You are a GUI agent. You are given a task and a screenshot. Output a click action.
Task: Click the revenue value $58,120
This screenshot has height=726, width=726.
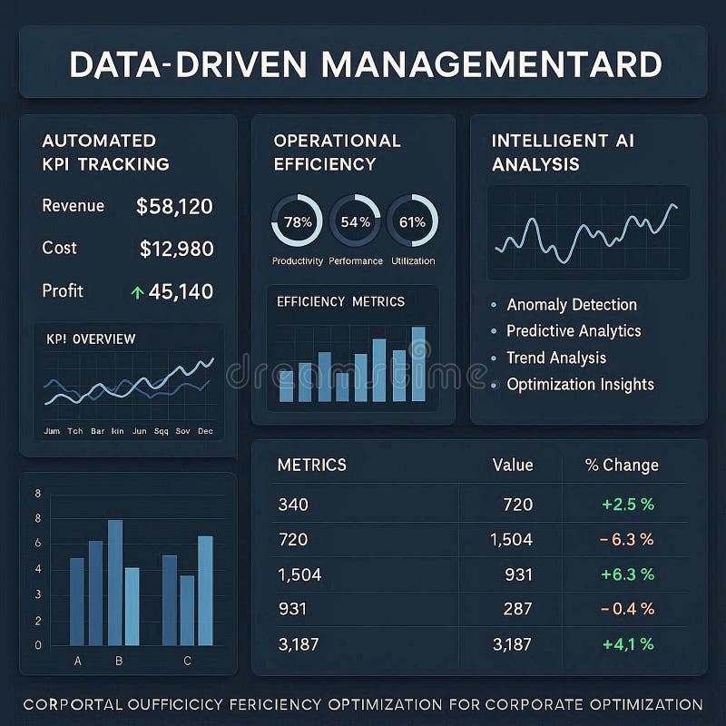coord(174,207)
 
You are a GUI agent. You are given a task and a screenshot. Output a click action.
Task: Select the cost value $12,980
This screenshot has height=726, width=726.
coord(177,249)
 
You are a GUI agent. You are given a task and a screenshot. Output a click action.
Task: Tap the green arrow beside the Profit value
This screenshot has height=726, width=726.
coord(137,292)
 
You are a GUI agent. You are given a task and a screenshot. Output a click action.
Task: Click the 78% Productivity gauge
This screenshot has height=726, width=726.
coord(297,221)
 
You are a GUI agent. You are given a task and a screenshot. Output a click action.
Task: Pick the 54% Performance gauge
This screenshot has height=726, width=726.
coord(355,221)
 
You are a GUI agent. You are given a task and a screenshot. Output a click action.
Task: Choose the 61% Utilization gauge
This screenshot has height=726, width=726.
coord(412,221)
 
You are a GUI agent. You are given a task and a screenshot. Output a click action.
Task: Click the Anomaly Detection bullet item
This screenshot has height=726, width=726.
coord(571,305)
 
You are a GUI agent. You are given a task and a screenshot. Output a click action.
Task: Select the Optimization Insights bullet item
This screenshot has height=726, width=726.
coord(579,384)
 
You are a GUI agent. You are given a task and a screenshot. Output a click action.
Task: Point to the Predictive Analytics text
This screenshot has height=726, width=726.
coord(573,331)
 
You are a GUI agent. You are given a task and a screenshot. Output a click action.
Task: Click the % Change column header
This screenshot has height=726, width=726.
coord(622,466)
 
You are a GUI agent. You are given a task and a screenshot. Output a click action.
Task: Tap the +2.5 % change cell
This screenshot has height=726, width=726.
coord(627,505)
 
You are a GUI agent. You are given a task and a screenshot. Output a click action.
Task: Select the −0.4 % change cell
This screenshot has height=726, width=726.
coord(627,610)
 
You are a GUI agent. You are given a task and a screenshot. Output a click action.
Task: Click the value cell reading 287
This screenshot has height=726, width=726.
coord(517,610)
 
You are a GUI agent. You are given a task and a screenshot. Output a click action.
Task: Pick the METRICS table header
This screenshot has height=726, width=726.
coord(311,465)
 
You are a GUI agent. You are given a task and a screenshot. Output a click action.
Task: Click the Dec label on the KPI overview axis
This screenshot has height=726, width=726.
coord(204,431)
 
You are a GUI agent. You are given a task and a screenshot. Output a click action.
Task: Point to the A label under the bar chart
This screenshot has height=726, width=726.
coord(77,661)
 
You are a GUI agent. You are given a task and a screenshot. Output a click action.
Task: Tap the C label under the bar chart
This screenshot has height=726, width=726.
coord(187,661)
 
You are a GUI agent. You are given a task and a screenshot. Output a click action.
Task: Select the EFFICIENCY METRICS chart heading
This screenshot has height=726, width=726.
coord(340,301)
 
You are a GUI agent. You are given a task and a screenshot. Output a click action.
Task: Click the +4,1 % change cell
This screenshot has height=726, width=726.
coord(627,645)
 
